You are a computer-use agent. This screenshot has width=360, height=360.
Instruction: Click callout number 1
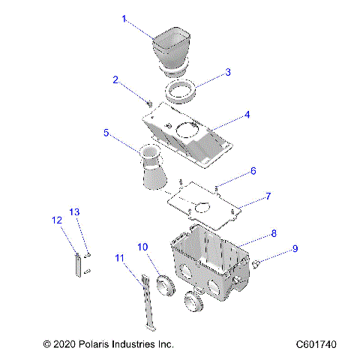click(x=124, y=19)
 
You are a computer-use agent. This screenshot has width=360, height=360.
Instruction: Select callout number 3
click(x=228, y=73)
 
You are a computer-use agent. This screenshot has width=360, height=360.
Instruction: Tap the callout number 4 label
click(x=247, y=116)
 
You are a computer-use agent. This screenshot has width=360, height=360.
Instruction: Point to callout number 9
click(x=295, y=247)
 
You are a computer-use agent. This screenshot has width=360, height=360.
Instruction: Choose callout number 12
click(x=57, y=220)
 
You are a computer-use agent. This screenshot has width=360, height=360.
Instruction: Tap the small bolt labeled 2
click(x=149, y=102)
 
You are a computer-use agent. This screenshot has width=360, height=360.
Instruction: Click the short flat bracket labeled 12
click(x=78, y=266)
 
